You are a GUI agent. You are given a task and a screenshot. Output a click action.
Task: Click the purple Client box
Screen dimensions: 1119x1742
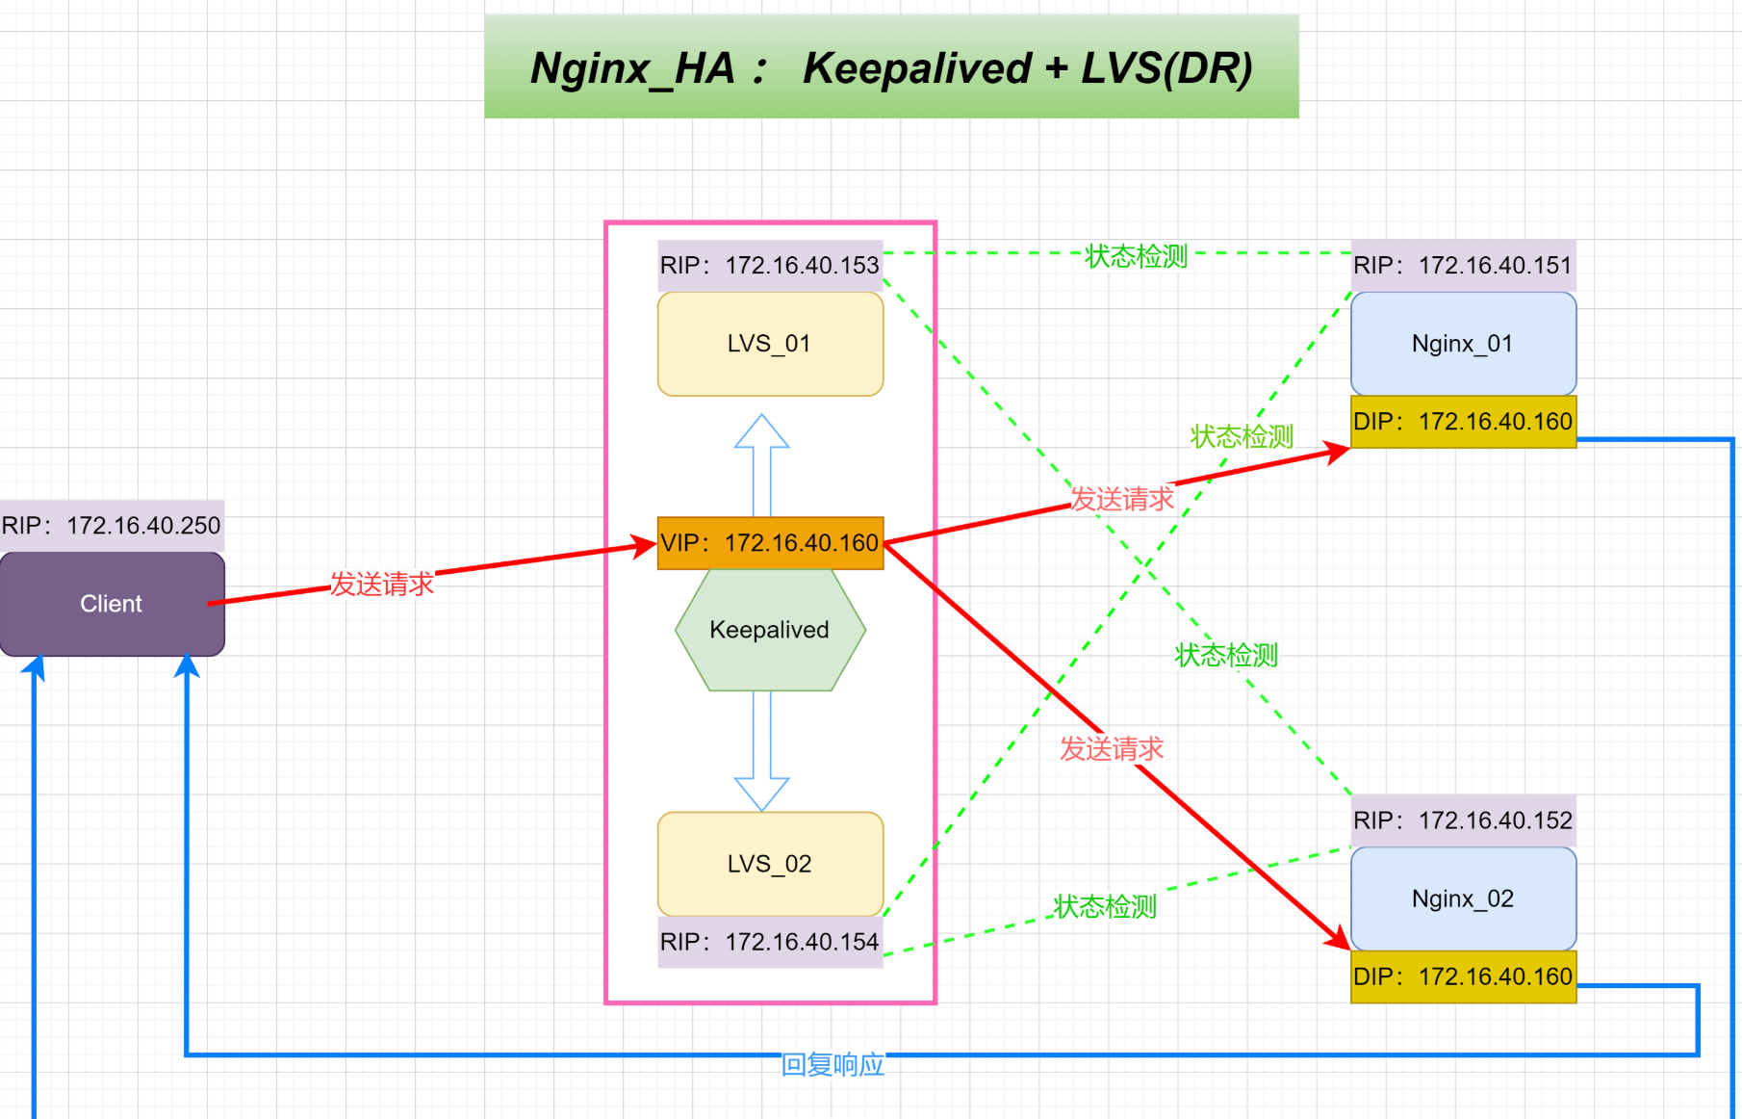(112, 604)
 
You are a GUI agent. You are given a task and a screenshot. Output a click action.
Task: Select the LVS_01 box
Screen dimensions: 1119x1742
(770, 344)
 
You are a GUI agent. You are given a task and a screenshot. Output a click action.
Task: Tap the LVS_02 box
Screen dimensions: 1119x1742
(770, 864)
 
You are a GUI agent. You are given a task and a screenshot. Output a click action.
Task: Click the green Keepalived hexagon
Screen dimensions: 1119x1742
(770, 630)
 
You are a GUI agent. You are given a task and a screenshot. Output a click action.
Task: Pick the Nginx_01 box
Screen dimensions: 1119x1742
(1463, 344)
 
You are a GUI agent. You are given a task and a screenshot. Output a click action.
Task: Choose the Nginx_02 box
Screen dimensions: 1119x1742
(1463, 898)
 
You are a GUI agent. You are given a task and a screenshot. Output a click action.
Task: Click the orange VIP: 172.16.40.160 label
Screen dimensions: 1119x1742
(770, 543)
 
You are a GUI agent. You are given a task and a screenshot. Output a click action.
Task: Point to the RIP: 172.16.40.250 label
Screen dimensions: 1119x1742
(112, 526)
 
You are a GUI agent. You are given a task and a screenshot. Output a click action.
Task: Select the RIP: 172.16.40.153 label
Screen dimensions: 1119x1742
(770, 266)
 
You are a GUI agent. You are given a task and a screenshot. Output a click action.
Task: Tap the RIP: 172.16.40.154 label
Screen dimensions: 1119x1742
(770, 942)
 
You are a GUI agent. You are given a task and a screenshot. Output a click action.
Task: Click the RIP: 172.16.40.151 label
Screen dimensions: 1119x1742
(1463, 266)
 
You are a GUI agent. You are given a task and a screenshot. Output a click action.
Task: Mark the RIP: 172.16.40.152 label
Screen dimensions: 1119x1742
(1463, 820)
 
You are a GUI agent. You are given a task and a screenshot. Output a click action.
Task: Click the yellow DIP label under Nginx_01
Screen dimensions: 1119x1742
(1463, 422)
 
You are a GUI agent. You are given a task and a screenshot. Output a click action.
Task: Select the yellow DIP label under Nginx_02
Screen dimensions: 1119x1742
(1463, 976)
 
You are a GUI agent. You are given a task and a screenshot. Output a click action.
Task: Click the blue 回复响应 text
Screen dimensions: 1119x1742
(833, 1064)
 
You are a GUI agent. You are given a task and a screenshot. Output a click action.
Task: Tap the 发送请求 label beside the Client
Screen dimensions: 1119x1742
(382, 584)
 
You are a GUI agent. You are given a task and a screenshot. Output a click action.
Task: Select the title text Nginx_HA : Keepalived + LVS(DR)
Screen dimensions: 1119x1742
(891, 67)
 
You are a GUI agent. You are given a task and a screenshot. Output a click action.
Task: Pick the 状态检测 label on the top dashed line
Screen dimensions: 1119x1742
(1136, 256)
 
